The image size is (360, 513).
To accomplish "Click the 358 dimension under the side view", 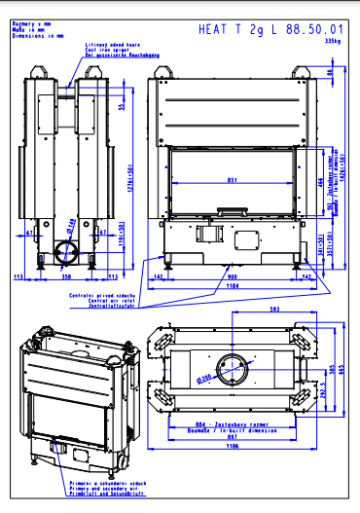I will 66,276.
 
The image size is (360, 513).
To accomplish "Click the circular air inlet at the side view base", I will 67,252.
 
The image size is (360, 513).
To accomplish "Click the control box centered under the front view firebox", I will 208,235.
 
